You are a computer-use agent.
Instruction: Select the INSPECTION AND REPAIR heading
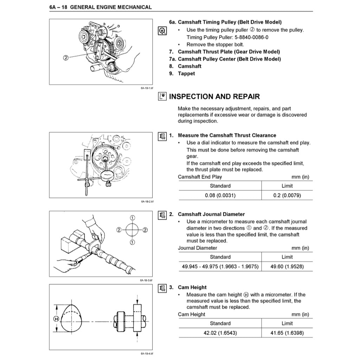point(214,97)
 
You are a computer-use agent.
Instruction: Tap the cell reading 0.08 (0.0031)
point(220,195)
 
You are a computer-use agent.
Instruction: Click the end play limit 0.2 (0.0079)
point(287,195)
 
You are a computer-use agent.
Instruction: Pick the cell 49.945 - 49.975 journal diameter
point(220,266)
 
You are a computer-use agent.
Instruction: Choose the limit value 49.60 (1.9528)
point(287,266)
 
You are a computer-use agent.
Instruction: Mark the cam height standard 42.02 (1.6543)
point(220,333)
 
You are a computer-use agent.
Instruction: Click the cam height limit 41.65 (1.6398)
point(287,333)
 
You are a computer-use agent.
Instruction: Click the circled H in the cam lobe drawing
point(56,319)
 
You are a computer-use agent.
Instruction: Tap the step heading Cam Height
point(192,287)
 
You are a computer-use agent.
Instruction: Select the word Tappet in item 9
point(186,73)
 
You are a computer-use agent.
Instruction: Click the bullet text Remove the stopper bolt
point(215,45)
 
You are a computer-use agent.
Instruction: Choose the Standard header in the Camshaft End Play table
point(220,186)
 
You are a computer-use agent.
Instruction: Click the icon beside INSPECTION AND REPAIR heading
point(162,97)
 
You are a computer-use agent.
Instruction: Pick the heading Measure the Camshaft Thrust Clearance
point(227,135)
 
